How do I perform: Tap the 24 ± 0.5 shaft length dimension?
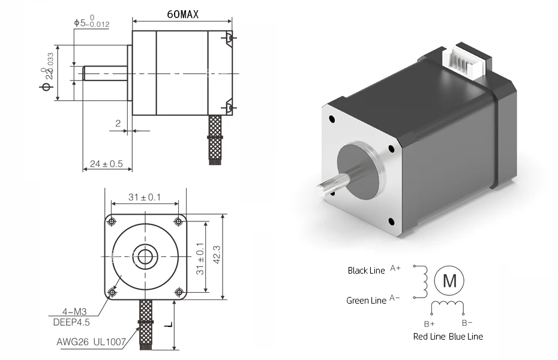tap(106, 163)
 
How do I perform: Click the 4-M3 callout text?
tap(74, 312)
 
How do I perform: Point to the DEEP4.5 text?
tap(76, 322)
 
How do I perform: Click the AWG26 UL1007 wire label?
tap(91, 343)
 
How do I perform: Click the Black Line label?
tap(366, 271)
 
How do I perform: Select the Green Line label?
tap(366, 301)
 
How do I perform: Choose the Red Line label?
tap(429, 337)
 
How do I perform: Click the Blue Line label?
tap(466, 337)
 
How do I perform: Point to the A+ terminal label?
tap(395, 268)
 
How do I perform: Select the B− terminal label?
tap(467, 323)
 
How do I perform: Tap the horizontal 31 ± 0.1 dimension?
tap(145, 197)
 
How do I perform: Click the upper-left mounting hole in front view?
tap(111, 221)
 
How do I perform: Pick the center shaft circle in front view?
tap(145, 257)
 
